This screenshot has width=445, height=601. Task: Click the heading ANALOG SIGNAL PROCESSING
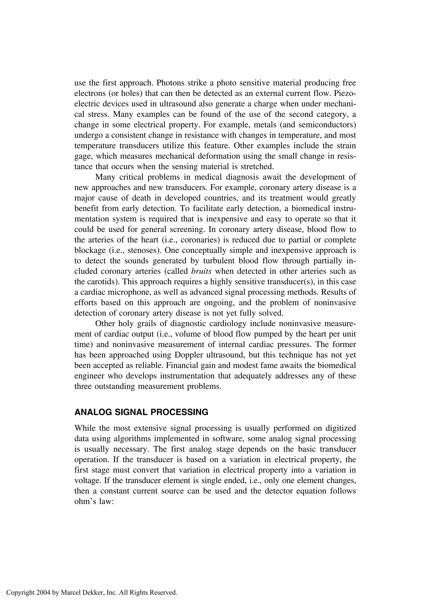click(141, 412)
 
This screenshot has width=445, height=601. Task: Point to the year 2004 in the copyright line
click(43, 592)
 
